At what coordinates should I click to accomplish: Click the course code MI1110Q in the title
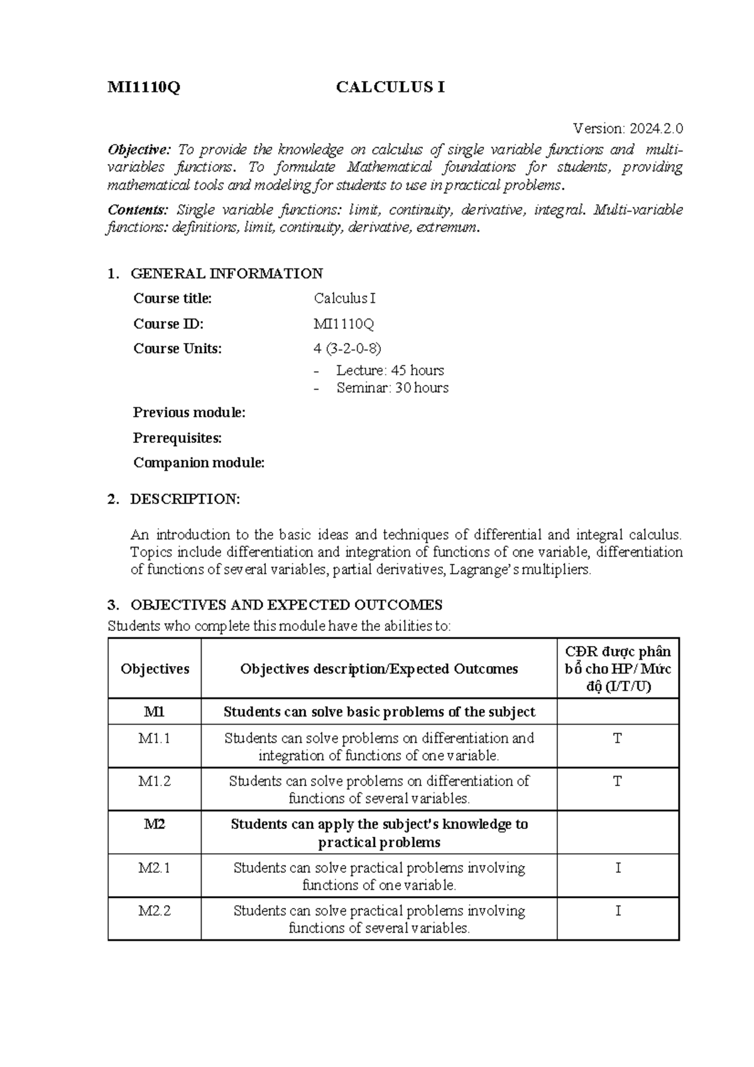(144, 87)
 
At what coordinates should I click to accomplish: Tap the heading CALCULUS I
(390, 87)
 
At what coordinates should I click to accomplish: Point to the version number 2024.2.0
(654, 129)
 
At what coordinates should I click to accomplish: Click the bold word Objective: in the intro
(139, 150)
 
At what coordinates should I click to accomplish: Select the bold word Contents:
(138, 210)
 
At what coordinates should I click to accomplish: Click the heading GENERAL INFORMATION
(226, 273)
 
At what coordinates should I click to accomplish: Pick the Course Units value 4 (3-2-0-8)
(347, 349)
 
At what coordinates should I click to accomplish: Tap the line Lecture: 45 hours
(390, 370)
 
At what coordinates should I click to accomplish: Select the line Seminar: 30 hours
(392, 388)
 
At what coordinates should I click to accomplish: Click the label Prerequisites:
(177, 438)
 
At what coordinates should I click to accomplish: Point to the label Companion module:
(199, 463)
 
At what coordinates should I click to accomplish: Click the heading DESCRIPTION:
(185, 500)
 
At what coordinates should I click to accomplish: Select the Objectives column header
(155, 669)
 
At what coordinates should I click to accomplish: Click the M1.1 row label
(155, 738)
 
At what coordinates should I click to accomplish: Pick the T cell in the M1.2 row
(618, 782)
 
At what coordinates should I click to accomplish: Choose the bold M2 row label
(155, 824)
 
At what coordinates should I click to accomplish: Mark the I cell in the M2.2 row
(618, 911)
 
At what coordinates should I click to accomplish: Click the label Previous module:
(189, 413)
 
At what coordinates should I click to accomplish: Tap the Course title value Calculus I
(344, 298)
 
